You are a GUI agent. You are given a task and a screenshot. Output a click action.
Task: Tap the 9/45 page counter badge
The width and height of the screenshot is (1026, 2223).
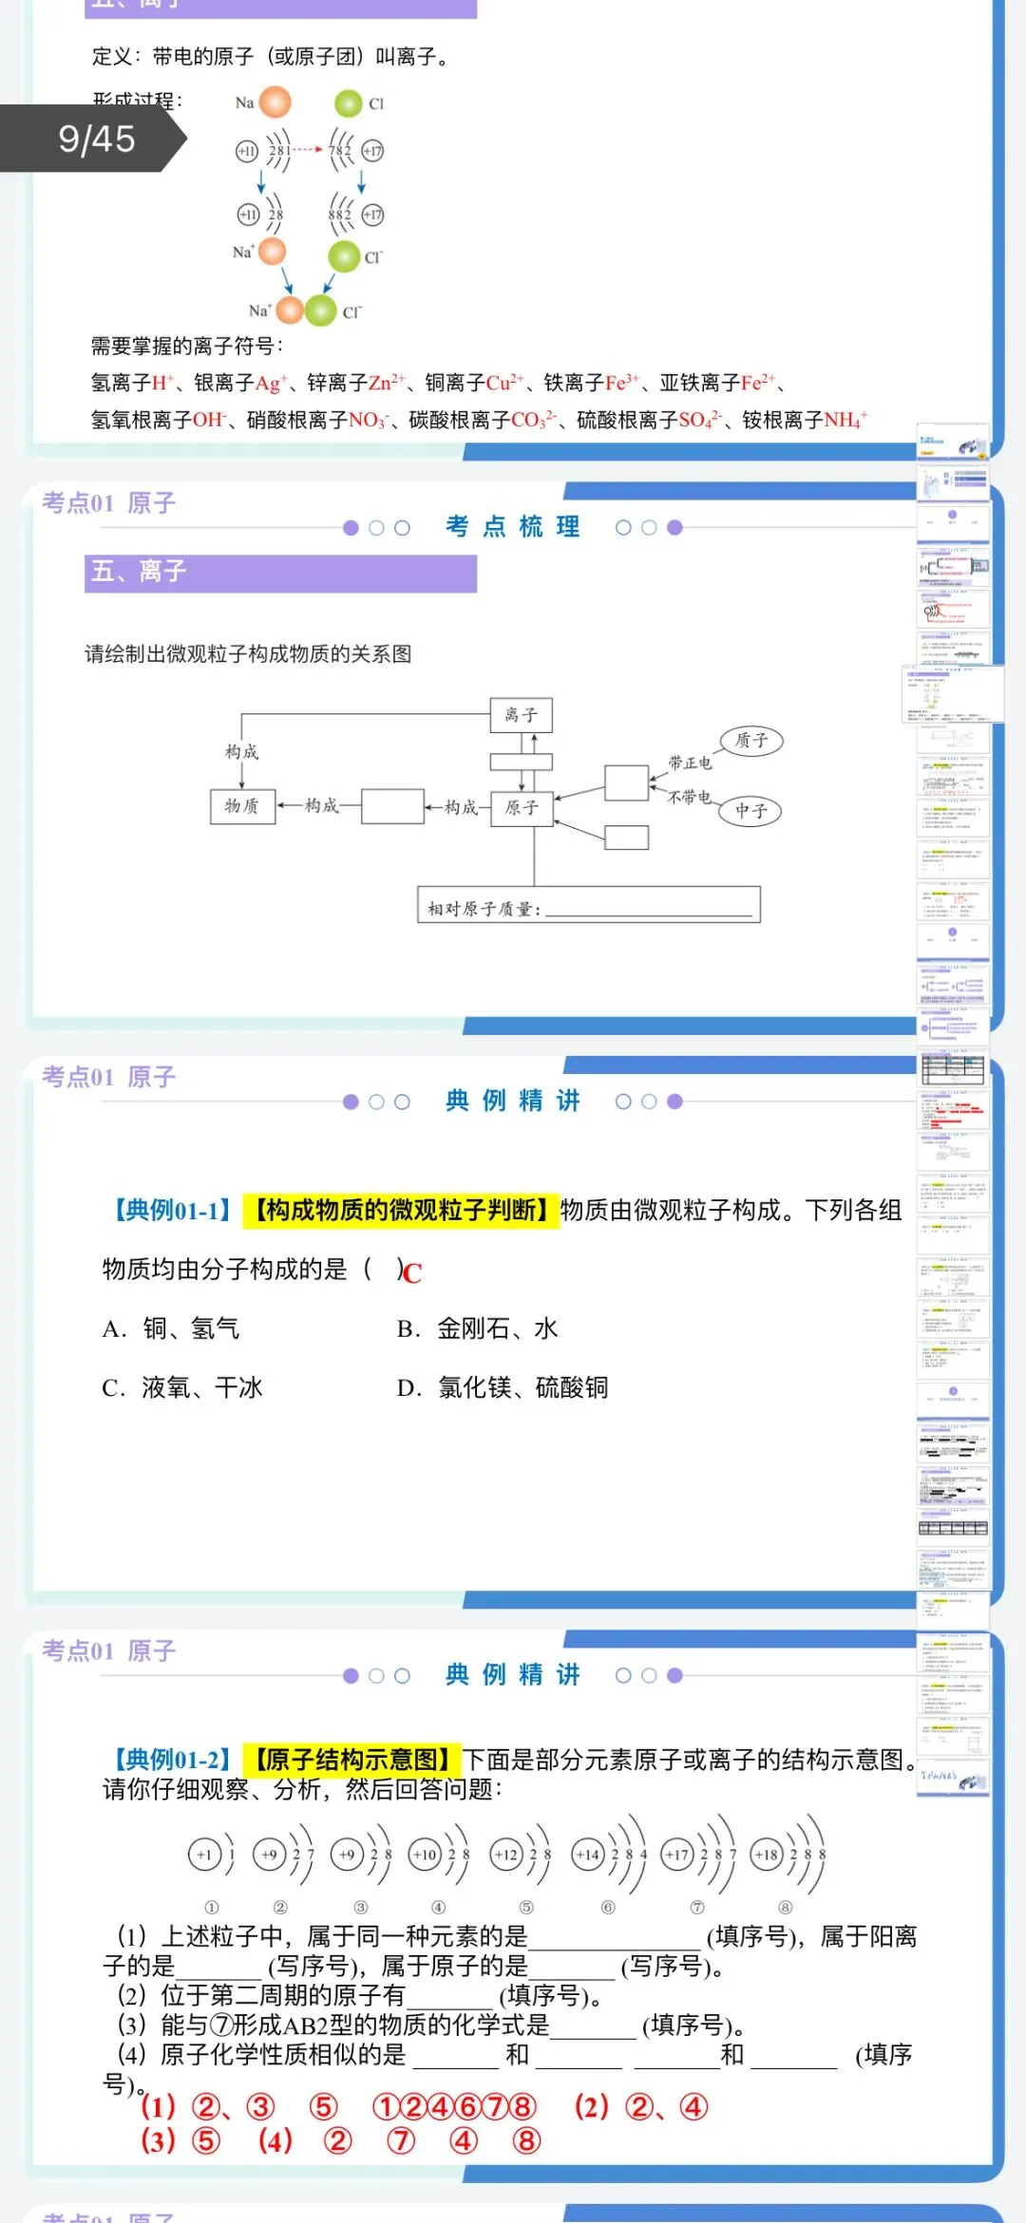point(96,139)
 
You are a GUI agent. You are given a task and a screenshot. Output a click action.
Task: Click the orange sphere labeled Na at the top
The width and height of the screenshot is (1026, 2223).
point(275,102)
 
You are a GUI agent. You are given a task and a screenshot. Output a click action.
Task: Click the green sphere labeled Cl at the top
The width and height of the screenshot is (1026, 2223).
point(349,103)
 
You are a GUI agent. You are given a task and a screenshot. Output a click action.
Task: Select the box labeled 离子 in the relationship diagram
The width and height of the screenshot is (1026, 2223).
point(521,715)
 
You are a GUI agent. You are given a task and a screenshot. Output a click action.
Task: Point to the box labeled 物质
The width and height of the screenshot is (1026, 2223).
point(242,806)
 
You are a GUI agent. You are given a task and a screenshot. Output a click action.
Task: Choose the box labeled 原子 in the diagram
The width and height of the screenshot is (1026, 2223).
point(522,808)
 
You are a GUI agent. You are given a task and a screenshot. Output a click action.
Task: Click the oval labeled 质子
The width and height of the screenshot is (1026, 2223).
point(750,741)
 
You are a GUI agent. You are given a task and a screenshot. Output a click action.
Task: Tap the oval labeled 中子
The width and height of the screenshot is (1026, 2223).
point(750,811)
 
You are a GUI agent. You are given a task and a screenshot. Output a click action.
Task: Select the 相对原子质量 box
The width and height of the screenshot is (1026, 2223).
point(589,905)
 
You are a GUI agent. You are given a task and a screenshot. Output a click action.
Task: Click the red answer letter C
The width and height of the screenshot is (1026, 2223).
point(412,1272)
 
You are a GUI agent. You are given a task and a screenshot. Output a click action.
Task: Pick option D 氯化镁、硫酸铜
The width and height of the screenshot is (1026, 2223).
point(503,1387)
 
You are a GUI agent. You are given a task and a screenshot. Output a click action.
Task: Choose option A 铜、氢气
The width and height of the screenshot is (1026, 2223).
point(171,1328)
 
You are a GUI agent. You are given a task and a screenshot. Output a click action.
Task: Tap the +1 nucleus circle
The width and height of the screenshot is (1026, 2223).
point(204,1855)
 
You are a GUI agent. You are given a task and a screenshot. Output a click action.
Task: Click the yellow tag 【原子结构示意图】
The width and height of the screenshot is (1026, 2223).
point(351,1760)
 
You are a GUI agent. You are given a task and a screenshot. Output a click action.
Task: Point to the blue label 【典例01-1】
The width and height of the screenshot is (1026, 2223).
point(172,1210)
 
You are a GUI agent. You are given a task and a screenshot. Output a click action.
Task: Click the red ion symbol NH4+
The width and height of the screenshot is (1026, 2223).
point(845,420)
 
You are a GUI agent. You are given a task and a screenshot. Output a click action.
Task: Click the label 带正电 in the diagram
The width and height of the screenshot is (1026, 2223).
point(690,763)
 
